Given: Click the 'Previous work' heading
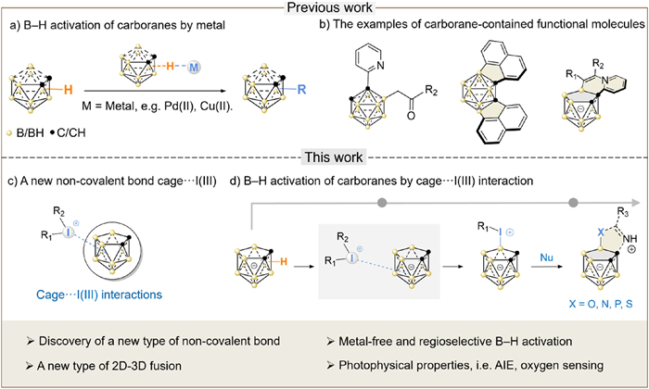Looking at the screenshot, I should tap(324, 7).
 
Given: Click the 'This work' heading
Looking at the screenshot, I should tap(324, 157).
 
